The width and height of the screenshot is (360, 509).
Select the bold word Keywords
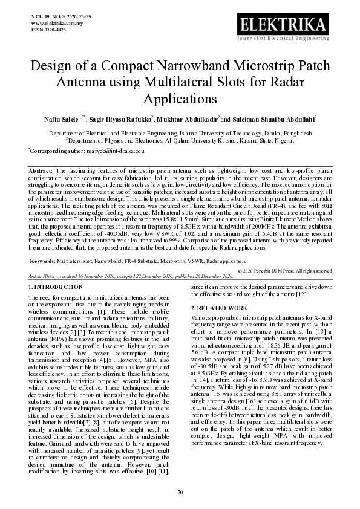(x=44, y=261)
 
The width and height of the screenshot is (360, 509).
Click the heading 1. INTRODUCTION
(x=56, y=287)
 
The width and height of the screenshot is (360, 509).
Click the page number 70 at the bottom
(x=180, y=493)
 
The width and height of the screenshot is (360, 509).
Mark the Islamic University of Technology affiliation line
(x=180, y=132)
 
